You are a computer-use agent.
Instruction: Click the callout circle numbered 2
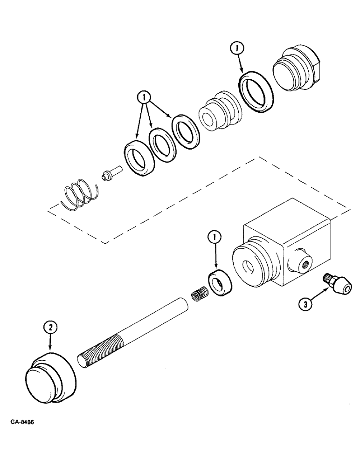click(50, 328)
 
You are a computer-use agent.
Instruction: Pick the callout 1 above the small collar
click(215, 238)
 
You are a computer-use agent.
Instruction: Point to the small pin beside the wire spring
click(110, 175)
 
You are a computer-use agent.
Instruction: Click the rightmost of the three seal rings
click(185, 132)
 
